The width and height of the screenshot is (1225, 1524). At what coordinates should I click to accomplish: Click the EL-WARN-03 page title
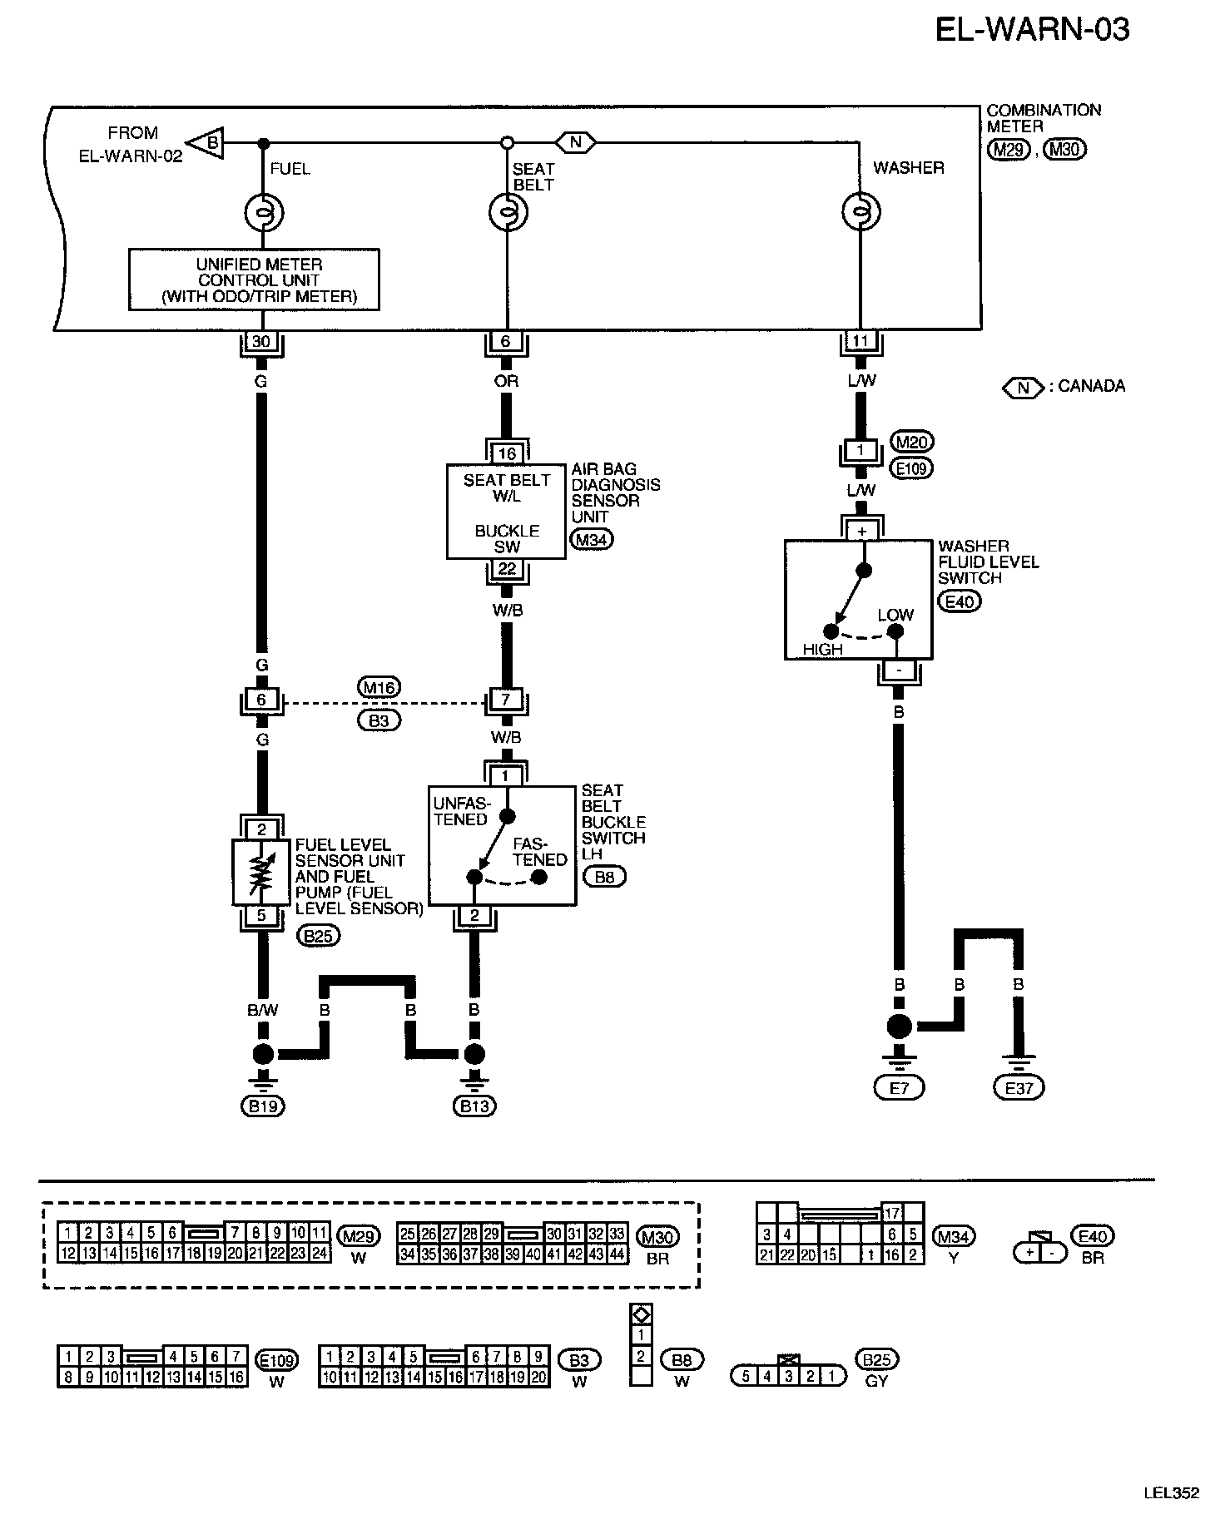click(x=1032, y=30)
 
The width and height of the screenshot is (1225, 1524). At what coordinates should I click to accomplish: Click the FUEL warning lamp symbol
click(x=263, y=214)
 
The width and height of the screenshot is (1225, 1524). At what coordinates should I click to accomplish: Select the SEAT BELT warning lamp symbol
click(x=508, y=213)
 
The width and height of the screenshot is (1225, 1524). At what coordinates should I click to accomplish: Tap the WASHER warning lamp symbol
click(x=860, y=212)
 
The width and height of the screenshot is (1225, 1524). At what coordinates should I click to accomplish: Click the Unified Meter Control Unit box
click(x=254, y=280)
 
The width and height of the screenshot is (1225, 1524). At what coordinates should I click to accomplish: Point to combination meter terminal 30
click(x=261, y=342)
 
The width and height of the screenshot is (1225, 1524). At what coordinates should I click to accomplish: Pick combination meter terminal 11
click(x=860, y=340)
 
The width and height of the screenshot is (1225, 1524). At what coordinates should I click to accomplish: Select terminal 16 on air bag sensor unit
click(x=507, y=453)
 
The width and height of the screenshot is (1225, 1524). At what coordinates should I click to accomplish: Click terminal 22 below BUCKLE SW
click(x=507, y=570)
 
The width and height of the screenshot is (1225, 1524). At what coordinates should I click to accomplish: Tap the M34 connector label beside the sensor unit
click(x=591, y=540)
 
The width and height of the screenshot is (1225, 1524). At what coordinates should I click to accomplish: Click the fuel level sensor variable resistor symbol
click(x=262, y=873)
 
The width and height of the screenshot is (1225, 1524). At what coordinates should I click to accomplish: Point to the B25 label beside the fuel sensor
click(x=319, y=937)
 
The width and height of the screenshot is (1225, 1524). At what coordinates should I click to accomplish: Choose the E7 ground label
click(x=900, y=1087)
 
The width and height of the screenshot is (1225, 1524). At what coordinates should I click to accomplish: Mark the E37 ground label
click(x=1019, y=1087)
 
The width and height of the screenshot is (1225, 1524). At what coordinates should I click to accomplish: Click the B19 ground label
click(x=263, y=1106)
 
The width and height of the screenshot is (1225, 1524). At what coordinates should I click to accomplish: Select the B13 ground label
click(x=474, y=1106)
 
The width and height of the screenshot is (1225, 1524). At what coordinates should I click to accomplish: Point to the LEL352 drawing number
click(x=1171, y=1493)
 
